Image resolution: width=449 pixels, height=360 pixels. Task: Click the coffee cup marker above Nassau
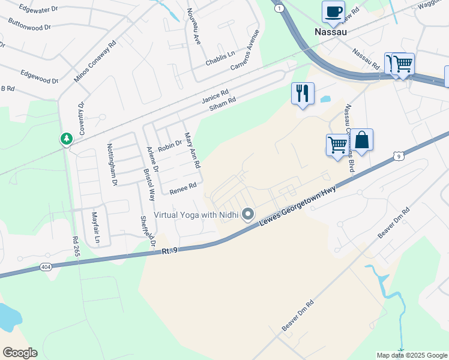(333, 11)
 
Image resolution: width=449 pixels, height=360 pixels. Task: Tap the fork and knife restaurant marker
(303, 94)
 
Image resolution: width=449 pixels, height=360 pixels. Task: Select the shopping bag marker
(361, 140)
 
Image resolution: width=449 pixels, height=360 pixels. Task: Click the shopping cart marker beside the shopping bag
(337, 145)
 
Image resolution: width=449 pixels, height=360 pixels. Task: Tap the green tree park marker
(66, 139)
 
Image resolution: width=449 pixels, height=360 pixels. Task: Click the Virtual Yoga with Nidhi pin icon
(247, 215)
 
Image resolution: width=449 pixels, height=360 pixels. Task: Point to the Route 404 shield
(46, 266)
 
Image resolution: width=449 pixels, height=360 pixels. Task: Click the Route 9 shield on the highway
(398, 156)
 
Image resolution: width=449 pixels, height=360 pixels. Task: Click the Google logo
(20, 353)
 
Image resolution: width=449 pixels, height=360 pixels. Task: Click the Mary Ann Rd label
(192, 150)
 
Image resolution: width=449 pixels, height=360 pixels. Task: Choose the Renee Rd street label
(183, 189)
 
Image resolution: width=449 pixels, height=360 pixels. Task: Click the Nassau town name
(331, 31)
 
